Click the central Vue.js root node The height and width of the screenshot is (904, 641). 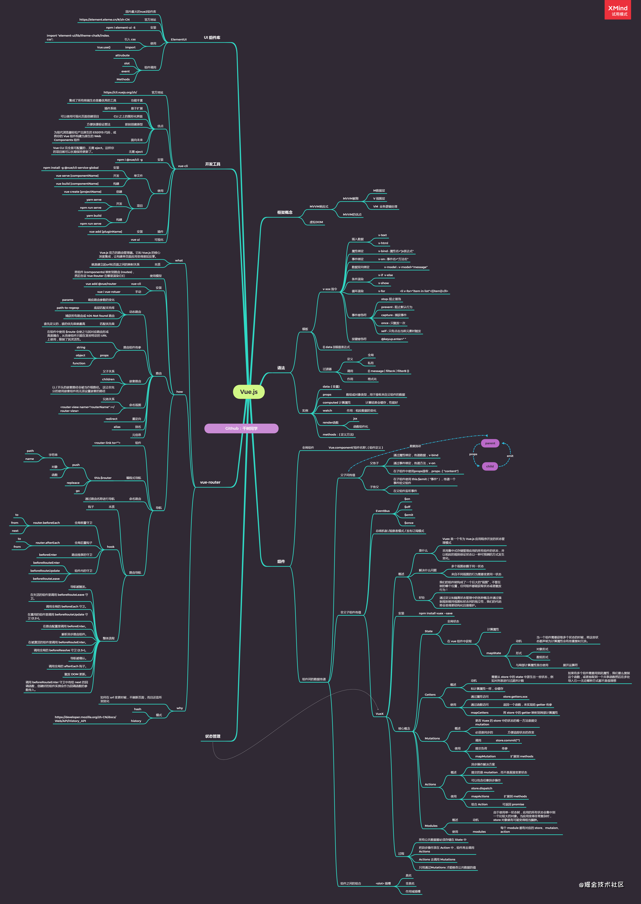pos(249,392)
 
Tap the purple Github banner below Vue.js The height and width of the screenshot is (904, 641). pos(241,428)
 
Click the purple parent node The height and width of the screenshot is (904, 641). pos(490,443)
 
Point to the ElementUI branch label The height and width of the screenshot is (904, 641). pos(178,39)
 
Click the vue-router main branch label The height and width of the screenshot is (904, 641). pos(210,482)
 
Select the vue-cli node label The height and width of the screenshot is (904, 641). pos(183,166)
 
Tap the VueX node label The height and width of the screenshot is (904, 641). pos(379,714)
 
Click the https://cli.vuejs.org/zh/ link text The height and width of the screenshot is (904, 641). pos(120,92)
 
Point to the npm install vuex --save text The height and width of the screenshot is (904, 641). pos(435,613)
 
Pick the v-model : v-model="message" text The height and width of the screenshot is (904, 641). pos(405,267)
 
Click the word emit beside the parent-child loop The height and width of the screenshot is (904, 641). pos(510,456)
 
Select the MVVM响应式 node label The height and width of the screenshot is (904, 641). pos(319,206)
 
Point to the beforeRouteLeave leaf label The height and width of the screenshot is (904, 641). pos(46,579)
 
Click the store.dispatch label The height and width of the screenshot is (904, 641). pos(482,788)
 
